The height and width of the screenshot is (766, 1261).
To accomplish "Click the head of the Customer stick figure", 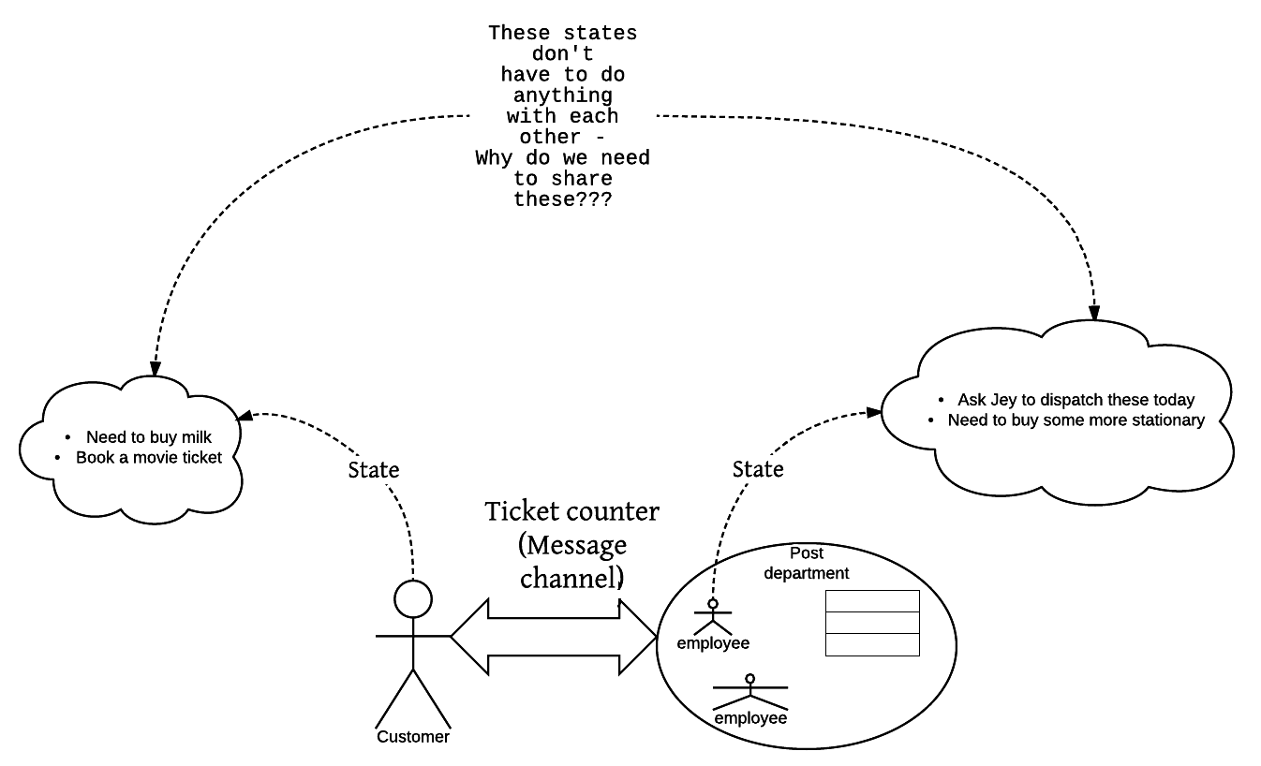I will pos(413,598).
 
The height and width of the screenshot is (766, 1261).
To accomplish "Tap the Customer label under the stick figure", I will pos(413,737).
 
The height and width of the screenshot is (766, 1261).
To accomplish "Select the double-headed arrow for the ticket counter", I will pos(553,637).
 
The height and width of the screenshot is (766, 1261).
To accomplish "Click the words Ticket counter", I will pos(571,512).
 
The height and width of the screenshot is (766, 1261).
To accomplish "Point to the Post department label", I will pos(807,563).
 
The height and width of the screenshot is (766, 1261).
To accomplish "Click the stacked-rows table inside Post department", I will pos(872,623).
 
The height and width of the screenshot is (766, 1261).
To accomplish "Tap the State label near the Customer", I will pos(374,469).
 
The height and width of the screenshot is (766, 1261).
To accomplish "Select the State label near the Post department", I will pos(758,468).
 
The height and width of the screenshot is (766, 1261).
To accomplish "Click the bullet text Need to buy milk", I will pos(149,437).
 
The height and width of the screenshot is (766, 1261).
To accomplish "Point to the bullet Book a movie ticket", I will pos(149,458).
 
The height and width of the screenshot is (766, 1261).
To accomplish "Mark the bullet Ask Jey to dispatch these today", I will pos(1076,400).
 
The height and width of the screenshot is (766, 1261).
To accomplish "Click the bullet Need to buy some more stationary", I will pos(1076,420).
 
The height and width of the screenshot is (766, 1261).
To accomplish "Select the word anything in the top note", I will pos(562,96).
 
